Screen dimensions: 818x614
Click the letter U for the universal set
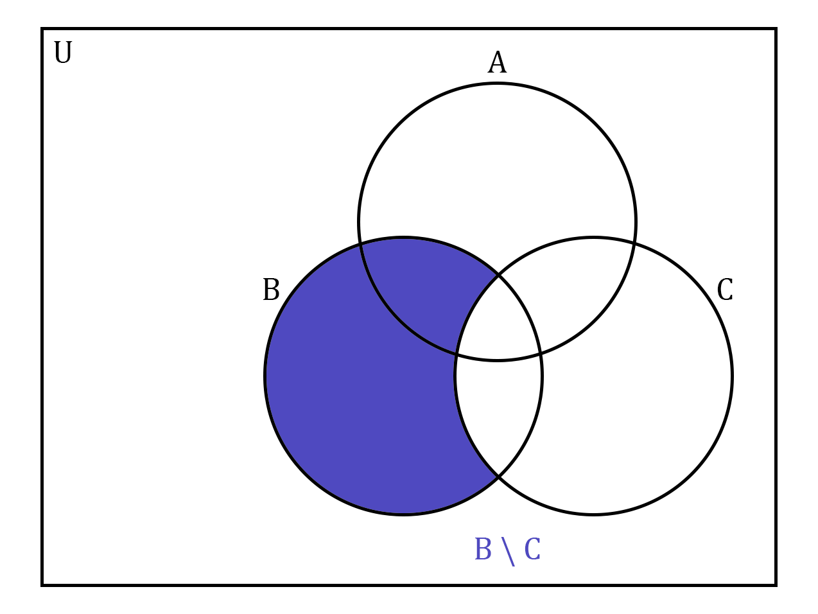coord(63,52)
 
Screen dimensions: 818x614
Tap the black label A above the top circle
coord(497,62)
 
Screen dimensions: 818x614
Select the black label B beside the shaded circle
coord(271,289)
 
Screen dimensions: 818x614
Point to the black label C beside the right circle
coord(725,289)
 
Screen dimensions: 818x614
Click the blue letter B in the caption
coord(483,548)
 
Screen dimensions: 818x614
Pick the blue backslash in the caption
coord(508,552)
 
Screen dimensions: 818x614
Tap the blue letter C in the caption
coord(532,548)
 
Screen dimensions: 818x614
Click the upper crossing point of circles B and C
coord(498,275)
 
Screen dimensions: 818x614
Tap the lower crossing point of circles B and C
coord(498,477)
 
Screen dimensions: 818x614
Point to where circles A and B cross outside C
coord(360,244)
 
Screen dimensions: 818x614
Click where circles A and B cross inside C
coord(456,353)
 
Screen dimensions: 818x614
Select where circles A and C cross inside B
coord(541,353)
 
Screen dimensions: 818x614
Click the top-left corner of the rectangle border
coord(42,29)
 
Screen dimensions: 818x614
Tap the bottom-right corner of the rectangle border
coord(776,585)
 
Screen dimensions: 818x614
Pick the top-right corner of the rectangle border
coord(776,29)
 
